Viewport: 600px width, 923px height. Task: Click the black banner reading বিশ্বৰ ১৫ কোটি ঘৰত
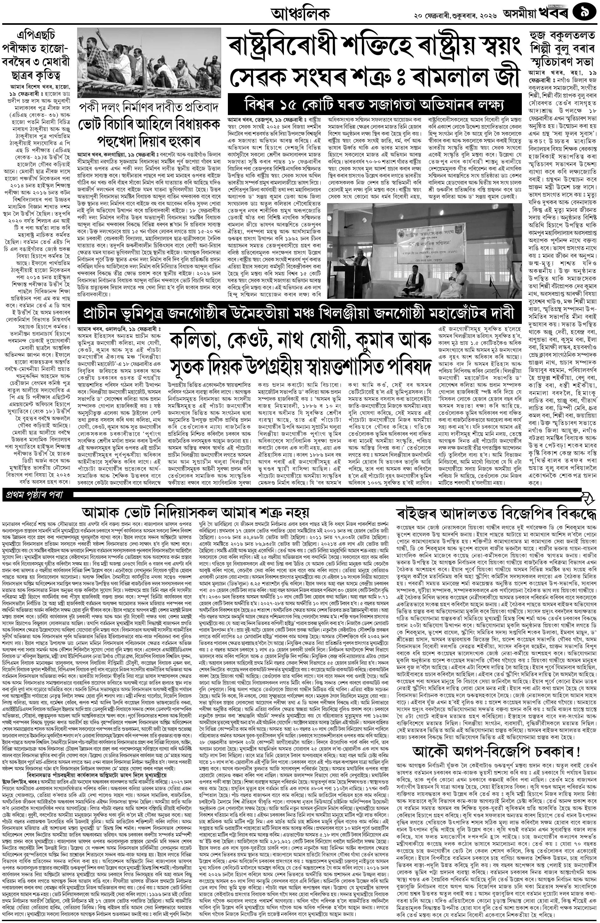374,104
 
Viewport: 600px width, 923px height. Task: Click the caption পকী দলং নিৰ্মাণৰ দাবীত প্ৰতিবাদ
149,107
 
